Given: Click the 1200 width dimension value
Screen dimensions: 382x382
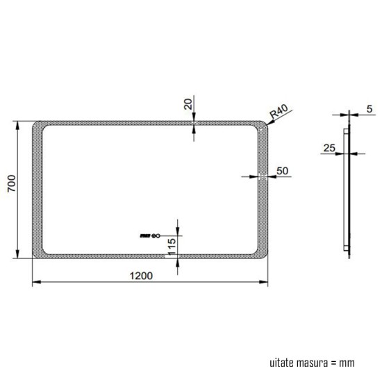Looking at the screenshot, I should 142,276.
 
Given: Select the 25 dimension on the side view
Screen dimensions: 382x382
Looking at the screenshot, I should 329,147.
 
